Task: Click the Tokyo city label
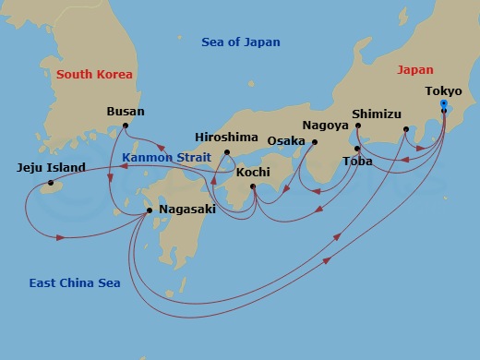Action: click(x=445, y=91)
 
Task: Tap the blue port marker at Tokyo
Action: click(x=445, y=103)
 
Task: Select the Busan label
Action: click(x=126, y=111)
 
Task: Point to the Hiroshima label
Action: click(x=226, y=138)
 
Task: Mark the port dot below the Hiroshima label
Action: click(x=227, y=152)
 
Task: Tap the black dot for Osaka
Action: click(x=314, y=142)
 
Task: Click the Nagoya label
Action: click(x=326, y=125)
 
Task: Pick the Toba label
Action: click(x=357, y=161)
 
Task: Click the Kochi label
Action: click(x=253, y=172)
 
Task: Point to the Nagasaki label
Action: click(x=187, y=210)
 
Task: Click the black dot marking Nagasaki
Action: click(x=150, y=210)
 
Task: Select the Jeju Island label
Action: click(x=51, y=168)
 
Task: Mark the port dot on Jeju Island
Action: click(x=51, y=183)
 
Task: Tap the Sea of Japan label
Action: click(x=240, y=42)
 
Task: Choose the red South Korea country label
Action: click(x=94, y=74)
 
